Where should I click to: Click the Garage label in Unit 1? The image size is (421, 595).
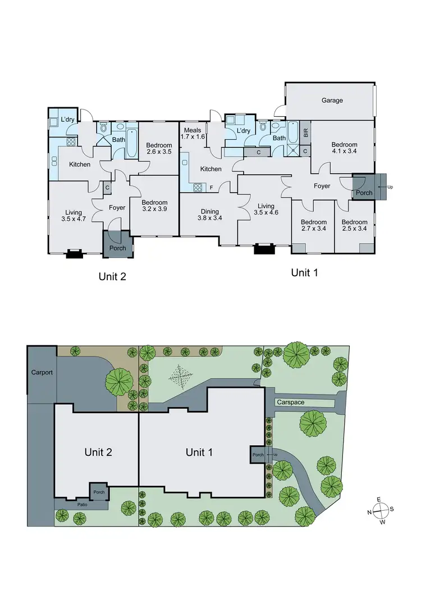[332, 100]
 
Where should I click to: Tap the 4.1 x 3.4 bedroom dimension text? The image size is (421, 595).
[344, 152]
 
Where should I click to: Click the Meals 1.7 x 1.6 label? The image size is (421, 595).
[192, 134]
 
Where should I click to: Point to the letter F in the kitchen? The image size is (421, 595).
[212, 187]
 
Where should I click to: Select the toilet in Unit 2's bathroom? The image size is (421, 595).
[103, 129]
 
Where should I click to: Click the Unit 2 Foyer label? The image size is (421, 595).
[117, 208]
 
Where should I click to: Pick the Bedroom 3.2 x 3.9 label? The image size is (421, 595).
[154, 206]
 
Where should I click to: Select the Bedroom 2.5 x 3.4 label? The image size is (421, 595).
[354, 225]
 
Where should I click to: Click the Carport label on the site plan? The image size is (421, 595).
[42, 372]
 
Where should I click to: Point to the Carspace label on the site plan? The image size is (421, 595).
[290, 402]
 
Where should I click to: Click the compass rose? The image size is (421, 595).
[380, 511]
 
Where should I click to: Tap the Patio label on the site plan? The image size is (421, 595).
[83, 504]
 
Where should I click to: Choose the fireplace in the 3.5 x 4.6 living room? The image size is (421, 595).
[263, 249]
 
